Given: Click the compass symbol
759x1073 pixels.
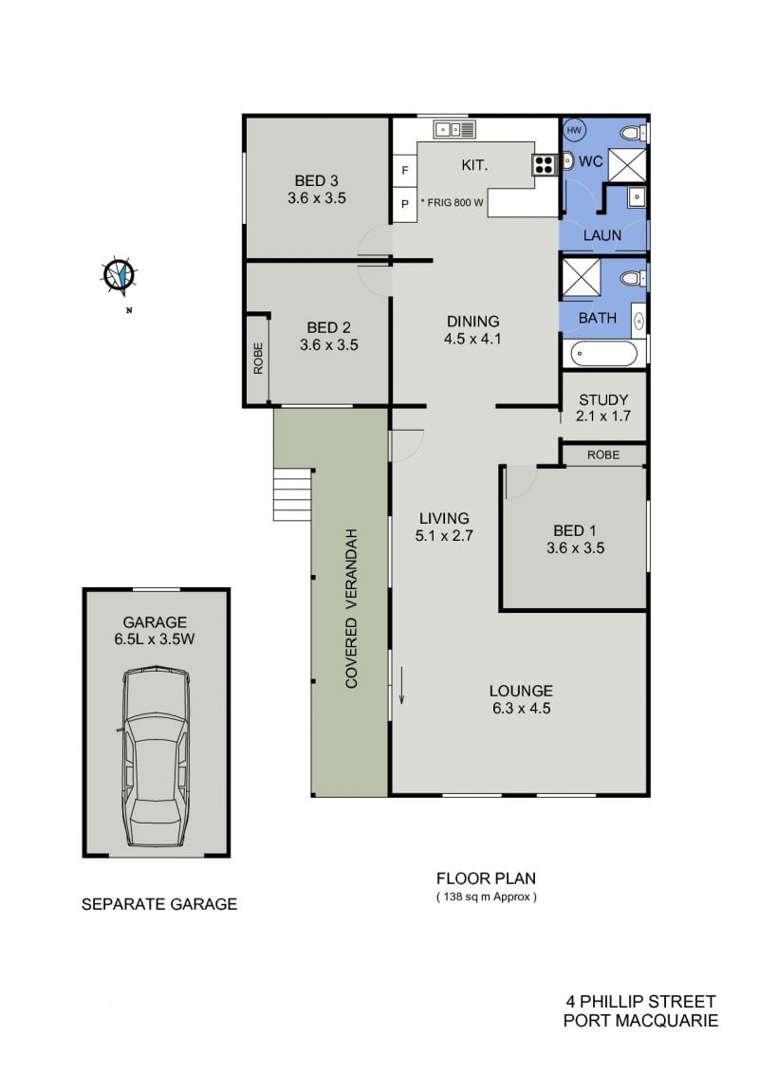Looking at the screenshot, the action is [x=120, y=276].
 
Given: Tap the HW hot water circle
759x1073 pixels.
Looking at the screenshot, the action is [x=574, y=130].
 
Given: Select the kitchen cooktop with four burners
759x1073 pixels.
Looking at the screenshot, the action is [x=544, y=163].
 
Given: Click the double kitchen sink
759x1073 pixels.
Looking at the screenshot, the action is [x=454, y=129].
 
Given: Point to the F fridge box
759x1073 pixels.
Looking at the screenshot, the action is [x=405, y=170].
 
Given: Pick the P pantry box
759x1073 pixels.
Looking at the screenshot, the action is [x=405, y=204].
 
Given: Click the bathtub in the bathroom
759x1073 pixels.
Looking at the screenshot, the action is [x=604, y=354].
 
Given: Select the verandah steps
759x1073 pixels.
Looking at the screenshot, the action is [x=292, y=495].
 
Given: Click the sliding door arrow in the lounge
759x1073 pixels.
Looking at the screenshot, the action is [x=401, y=687].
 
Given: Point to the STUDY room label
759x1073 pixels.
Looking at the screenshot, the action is [x=603, y=399].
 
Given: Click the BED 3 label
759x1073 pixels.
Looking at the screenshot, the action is [x=316, y=180].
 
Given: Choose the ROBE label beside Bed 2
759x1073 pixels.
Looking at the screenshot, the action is [x=258, y=358].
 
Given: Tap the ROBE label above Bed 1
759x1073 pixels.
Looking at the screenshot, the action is [x=603, y=455].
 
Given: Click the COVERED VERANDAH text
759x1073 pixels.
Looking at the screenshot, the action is [x=352, y=608].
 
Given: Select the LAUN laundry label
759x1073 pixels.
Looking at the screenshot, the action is [x=602, y=235].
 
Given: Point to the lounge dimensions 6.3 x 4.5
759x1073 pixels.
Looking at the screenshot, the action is [x=522, y=709].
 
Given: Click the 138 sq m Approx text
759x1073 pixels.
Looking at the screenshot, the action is [x=487, y=897].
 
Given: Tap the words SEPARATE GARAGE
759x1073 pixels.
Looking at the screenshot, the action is [x=159, y=904].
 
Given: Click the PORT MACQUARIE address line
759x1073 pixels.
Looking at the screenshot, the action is [x=640, y=1021].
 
